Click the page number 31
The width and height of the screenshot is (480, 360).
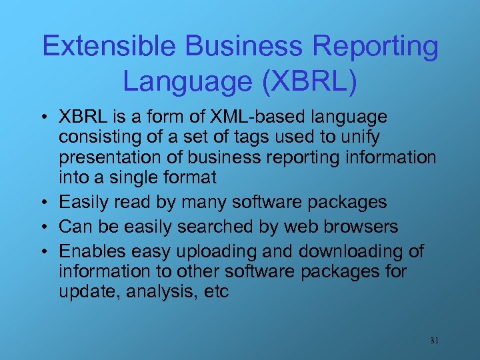(x=435, y=341)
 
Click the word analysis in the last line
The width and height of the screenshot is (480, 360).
(x=155, y=291)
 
